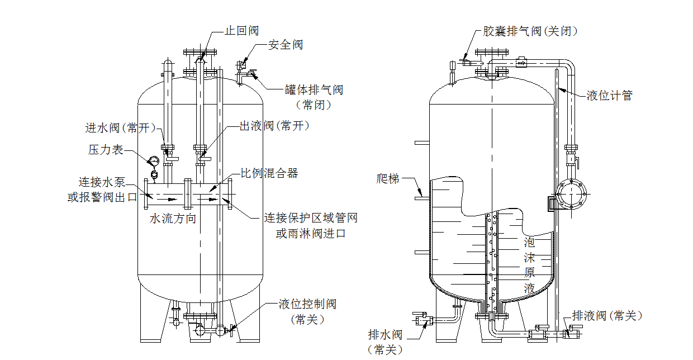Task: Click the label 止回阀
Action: (x=241, y=31)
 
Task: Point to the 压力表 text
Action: (x=106, y=149)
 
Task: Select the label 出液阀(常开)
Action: (x=274, y=126)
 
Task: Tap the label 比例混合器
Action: (x=269, y=173)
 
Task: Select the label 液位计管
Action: (x=609, y=95)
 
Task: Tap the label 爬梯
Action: (x=388, y=179)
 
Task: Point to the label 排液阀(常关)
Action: (x=607, y=316)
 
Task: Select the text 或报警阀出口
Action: (x=102, y=197)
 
